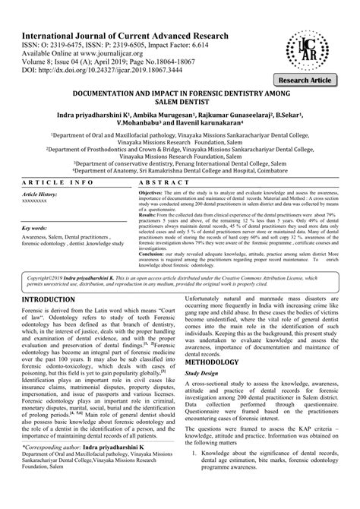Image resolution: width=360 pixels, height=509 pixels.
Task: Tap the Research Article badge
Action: click(x=317, y=79)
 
